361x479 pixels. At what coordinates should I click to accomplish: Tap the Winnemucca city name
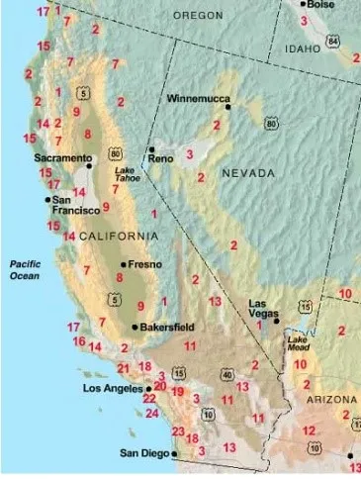(x=195, y=100)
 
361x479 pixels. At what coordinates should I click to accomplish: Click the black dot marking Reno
(x=147, y=149)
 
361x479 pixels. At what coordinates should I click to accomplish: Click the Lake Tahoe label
(x=128, y=175)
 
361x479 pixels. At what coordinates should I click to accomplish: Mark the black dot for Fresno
(x=122, y=264)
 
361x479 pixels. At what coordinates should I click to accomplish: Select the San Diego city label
(x=141, y=453)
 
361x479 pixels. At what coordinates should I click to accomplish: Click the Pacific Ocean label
(x=23, y=269)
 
